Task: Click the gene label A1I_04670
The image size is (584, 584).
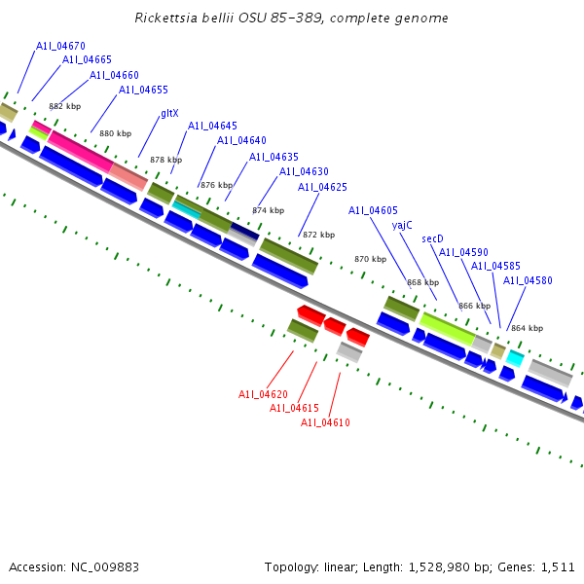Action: pos(60,46)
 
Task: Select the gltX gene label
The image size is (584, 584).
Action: pos(169,113)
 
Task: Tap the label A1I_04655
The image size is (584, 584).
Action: pos(143,90)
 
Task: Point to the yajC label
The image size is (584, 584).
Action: pos(402,224)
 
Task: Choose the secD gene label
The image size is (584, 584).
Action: pos(432,238)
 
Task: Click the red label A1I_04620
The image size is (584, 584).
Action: pos(263,394)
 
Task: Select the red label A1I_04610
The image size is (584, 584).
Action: pos(325,422)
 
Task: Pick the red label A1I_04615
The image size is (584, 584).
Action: pos(294,408)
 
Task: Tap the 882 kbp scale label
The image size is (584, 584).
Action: pos(64,106)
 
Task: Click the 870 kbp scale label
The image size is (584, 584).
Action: pos(370,259)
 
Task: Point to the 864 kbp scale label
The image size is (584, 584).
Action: pos(527,328)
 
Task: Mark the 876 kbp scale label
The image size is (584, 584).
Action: pos(216,185)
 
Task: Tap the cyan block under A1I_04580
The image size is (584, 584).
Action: pos(515,358)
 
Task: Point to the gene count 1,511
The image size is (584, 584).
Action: pos(557,566)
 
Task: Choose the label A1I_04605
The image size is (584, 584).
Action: pos(373,210)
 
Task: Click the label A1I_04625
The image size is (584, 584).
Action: pos(322,187)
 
